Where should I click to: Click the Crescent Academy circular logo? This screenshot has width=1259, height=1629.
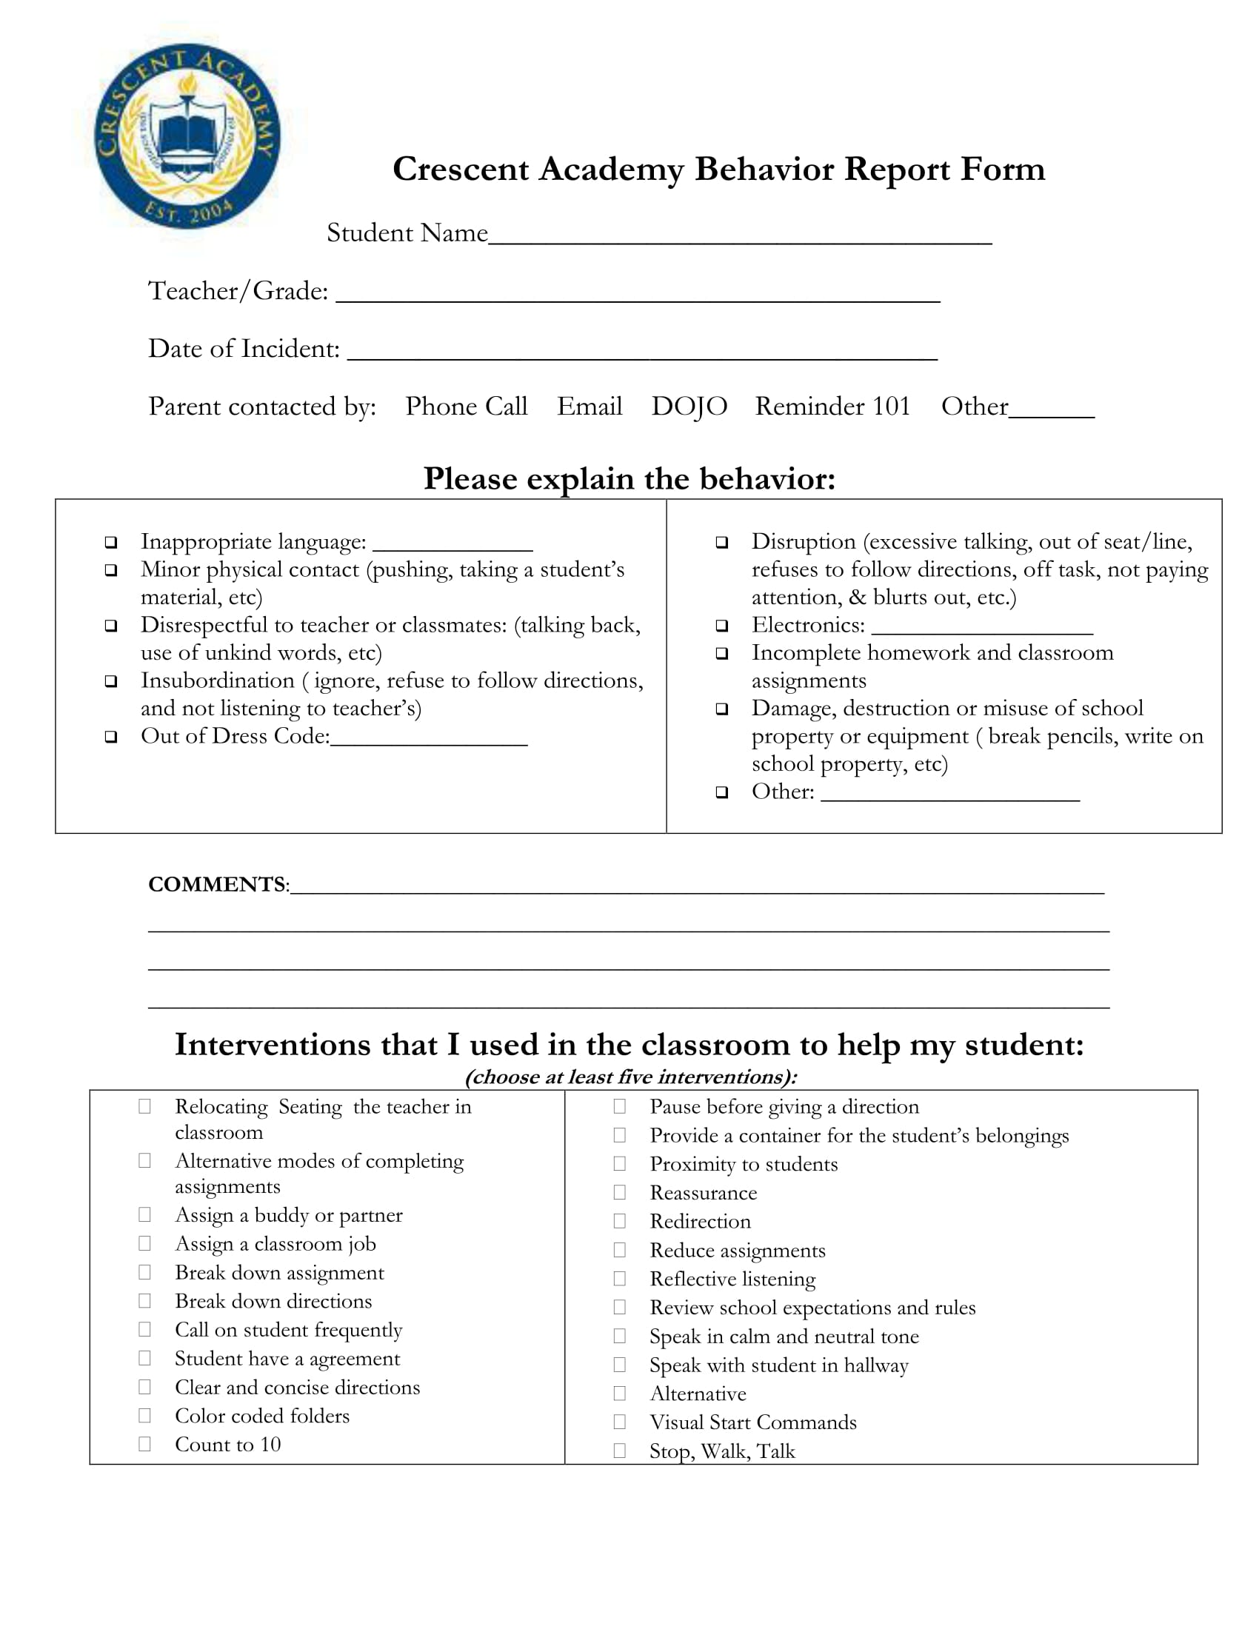pos(187,137)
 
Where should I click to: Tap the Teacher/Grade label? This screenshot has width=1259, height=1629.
pos(238,291)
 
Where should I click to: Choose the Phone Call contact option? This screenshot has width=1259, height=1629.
pos(466,407)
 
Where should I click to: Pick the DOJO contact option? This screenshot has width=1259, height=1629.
pos(689,407)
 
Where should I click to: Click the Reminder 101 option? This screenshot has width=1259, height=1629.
pos(832,407)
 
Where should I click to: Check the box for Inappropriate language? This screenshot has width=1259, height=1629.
pos(111,542)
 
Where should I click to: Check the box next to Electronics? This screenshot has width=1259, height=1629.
pos(721,626)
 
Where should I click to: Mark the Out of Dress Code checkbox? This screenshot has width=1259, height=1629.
pos(111,737)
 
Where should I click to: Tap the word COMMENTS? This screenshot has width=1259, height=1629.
pos(217,885)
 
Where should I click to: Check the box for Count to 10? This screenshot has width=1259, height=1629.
pos(144,1444)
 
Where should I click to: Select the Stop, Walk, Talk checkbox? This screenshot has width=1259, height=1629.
pos(619,1451)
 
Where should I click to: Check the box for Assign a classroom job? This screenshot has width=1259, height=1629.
pos(144,1243)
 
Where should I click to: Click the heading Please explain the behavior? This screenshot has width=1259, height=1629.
pos(629,479)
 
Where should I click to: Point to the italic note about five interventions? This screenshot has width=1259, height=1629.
pos(630,1077)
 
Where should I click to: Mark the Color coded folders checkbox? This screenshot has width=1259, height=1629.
pos(144,1416)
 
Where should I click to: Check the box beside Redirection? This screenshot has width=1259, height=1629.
pos(619,1221)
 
